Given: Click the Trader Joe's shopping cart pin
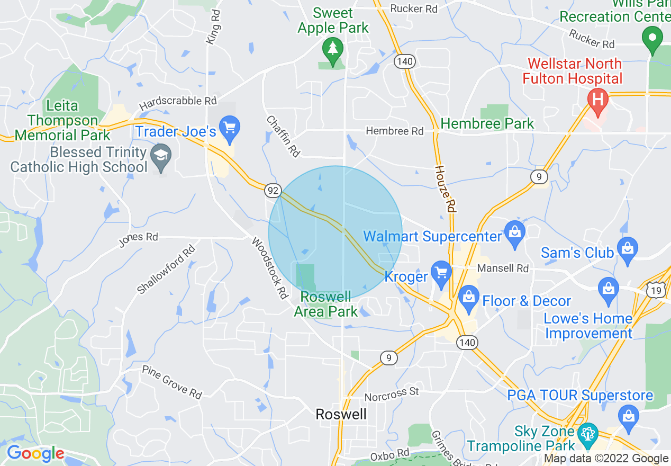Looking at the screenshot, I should tap(229, 129).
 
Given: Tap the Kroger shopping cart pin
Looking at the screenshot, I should tap(440, 273).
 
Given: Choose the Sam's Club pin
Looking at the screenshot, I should tap(627, 249).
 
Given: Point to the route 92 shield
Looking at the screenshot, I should tap(273, 190).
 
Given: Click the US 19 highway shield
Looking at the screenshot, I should tap(656, 290).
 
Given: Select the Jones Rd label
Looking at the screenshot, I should tap(138, 239).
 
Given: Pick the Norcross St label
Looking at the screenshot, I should tap(392, 393).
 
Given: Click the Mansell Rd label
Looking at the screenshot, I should tap(503, 268).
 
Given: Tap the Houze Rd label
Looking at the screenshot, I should tap(445, 189).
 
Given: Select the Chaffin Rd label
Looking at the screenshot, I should tap(283, 137).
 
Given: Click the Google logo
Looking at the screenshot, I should tap(35, 453).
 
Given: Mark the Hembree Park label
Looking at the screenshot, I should tap(487, 124).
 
